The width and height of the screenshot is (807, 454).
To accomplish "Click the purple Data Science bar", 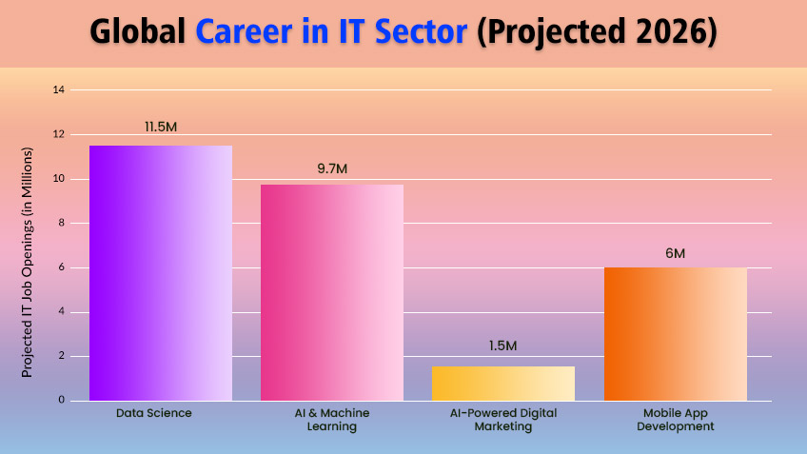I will pyautogui.click(x=161, y=272).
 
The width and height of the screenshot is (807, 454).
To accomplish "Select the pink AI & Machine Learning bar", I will pyautogui.click(x=332, y=292).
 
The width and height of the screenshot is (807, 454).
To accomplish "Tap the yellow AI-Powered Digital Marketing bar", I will pyautogui.click(x=503, y=383).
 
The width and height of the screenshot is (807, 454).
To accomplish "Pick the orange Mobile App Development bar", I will pyautogui.click(x=675, y=333).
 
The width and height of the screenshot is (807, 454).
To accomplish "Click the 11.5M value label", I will pyautogui.click(x=161, y=127).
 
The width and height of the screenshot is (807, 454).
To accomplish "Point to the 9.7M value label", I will pyautogui.click(x=332, y=168).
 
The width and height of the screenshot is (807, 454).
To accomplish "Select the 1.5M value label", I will pyautogui.click(x=503, y=345).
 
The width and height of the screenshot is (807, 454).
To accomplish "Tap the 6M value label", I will pyautogui.click(x=675, y=253).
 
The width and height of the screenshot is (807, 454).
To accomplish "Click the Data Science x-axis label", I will pyautogui.click(x=154, y=413).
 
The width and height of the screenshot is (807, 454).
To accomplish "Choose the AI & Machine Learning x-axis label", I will pyautogui.click(x=332, y=420).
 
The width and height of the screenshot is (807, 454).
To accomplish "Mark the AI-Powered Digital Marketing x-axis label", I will pyautogui.click(x=503, y=420).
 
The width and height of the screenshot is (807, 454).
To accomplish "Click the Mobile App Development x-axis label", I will pyautogui.click(x=675, y=420).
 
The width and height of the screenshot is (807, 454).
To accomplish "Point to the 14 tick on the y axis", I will pyautogui.click(x=59, y=90).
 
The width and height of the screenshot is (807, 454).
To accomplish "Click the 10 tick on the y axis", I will pyautogui.click(x=59, y=179).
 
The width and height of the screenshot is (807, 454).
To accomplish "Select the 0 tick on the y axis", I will pyautogui.click(x=61, y=401).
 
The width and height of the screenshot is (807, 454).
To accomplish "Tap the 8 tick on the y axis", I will pyautogui.click(x=61, y=224).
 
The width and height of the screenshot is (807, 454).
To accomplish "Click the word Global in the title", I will pyautogui.click(x=139, y=32).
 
